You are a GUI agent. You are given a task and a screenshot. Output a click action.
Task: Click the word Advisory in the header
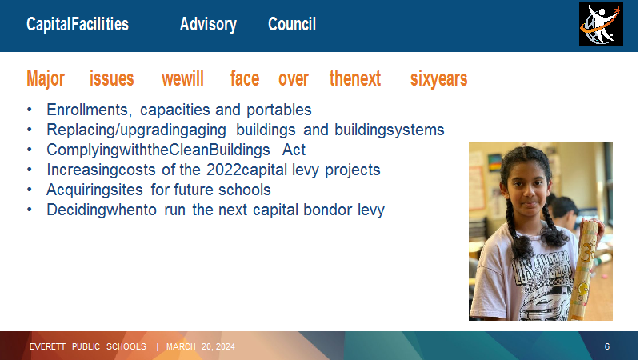(208, 25)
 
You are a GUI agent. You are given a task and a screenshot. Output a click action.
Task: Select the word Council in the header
(292, 24)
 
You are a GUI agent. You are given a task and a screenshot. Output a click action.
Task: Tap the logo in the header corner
(601, 25)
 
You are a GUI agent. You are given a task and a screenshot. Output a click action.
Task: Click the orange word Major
(46, 78)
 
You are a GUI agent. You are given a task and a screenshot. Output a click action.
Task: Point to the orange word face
(245, 78)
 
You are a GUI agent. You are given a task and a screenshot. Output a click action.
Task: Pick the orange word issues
(111, 78)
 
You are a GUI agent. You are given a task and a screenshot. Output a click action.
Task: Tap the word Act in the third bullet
(294, 150)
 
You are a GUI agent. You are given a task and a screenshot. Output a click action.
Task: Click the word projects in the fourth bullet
(353, 170)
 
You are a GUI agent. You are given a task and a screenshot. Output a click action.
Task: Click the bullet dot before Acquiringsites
(30, 190)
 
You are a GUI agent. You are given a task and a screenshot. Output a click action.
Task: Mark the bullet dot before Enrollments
(30, 110)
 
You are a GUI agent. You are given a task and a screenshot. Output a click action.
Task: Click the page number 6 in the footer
(607, 346)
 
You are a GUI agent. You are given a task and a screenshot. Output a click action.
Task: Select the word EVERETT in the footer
(47, 346)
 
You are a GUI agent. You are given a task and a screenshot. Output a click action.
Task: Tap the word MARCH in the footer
(181, 346)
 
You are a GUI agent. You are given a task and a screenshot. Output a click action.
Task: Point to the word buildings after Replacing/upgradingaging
(266, 130)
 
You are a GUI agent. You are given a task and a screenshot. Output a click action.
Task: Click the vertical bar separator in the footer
(157, 347)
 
